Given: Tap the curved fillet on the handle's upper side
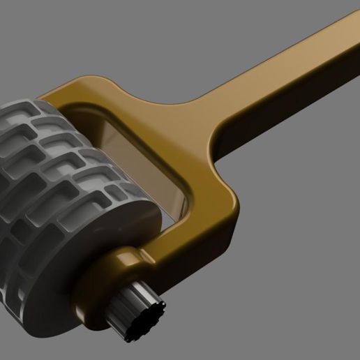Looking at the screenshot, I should [202, 105].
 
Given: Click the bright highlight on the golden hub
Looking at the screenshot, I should [126, 260].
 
